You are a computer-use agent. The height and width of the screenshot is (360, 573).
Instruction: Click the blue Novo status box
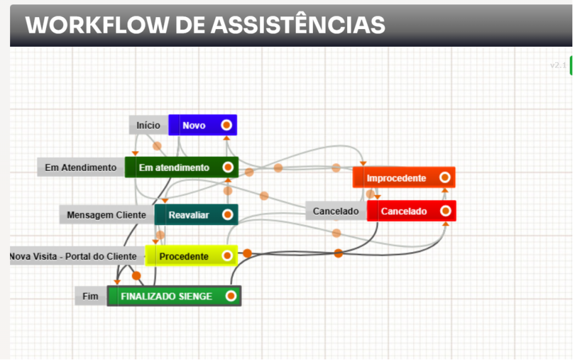pyautogui.click(x=194, y=126)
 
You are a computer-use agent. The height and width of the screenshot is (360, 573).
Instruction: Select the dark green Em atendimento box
pyautogui.click(x=174, y=167)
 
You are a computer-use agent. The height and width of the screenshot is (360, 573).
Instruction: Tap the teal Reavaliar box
pyautogui.click(x=189, y=215)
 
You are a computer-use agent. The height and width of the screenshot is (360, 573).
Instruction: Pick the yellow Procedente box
pyautogui.click(x=184, y=256)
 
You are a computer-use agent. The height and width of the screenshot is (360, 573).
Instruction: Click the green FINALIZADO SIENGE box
pyautogui.click(x=167, y=296)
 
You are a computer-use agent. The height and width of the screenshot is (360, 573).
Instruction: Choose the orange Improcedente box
pyautogui.click(x=396, y=178)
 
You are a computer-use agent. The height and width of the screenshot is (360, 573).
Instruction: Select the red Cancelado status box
pyautogui.click(x=404, y=211)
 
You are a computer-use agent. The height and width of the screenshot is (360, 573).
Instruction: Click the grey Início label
pyautogui.click(x=148, y=125)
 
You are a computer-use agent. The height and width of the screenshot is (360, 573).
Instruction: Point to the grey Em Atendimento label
pyautogui.click(x=81, y=167)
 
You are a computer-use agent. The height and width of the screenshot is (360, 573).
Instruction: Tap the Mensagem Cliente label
pyautogui.click(x=107, y=215)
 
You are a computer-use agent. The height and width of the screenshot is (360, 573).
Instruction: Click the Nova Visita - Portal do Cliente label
pyautogui.click(x=73, y=256)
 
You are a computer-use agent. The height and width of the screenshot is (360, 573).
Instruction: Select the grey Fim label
pyautogui.click(x=90, y=296)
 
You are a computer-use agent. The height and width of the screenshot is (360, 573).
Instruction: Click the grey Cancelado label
pyautogui.click(x=336, y=211)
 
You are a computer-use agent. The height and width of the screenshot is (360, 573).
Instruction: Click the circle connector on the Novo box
pyautogui.click(x=227, y=125)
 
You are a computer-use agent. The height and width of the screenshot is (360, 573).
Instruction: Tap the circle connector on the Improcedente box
pyautogui.click(x=445, y=177)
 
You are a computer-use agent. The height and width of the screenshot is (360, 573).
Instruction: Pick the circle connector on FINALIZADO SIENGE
pyautogui.click(x=231, y=296)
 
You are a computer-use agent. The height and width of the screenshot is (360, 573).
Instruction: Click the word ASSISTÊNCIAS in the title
pyautogui.click(x=297, y=25)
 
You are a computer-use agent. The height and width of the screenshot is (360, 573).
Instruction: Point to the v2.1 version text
pyautogui.click(x=558, y=65)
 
